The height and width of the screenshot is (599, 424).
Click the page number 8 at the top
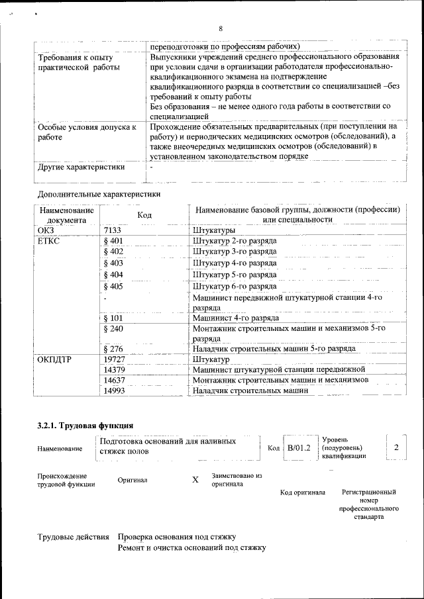[221, 28]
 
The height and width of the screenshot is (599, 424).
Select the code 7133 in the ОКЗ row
[114, 230]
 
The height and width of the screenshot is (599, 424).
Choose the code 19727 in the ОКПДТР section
[115, 359]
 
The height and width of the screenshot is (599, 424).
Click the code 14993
[115, 391]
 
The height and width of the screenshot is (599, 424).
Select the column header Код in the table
[144, 214]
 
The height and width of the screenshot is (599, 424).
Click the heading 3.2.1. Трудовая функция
[86, 426]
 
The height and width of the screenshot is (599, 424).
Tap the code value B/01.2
[299, 448]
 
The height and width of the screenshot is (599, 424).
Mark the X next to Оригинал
[195, 480]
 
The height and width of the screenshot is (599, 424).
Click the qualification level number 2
[396, 447]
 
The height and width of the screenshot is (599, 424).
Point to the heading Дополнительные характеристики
[99, 195]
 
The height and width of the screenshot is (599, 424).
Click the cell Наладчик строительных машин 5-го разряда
[274, 348]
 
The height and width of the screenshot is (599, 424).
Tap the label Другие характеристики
[81, 167]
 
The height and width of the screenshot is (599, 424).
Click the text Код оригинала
[302, 492]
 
